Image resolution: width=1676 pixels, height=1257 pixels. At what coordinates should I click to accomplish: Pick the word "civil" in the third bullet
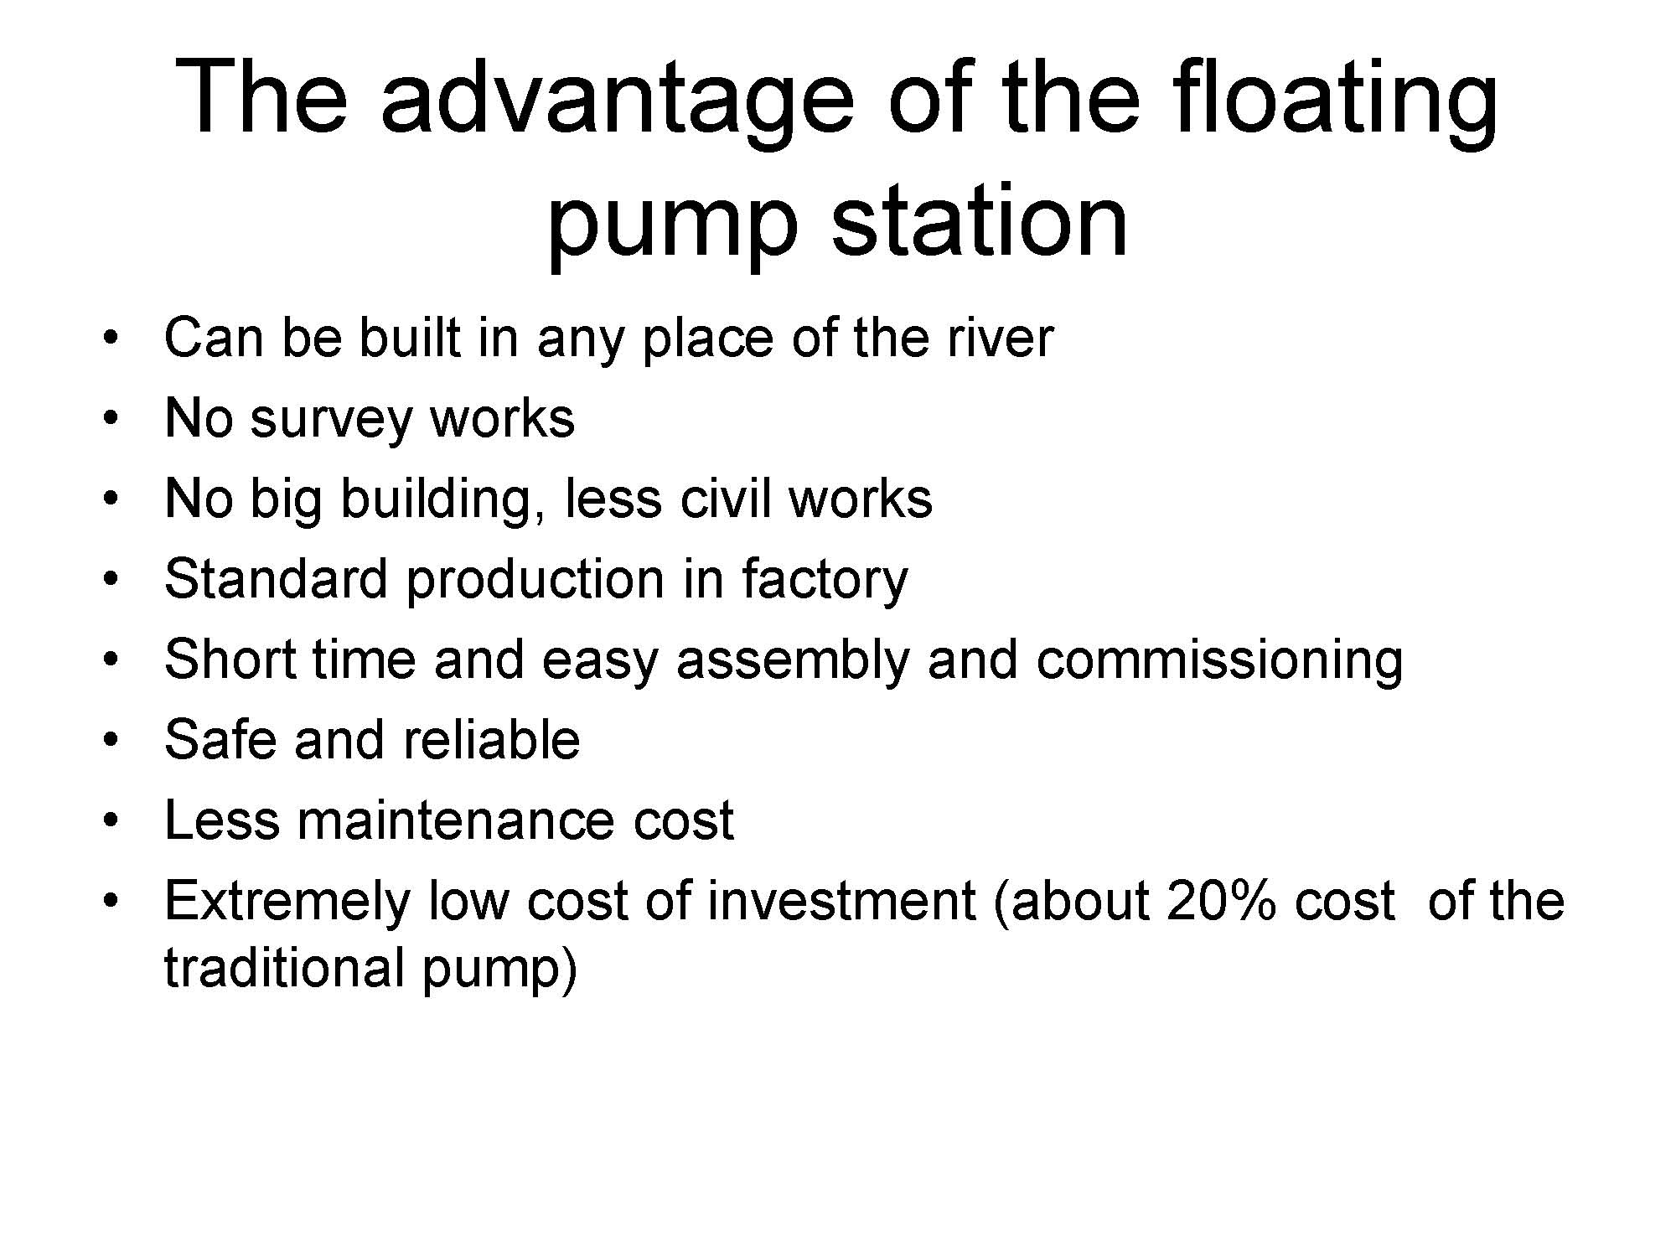pyautogui.click(x=726, y=498)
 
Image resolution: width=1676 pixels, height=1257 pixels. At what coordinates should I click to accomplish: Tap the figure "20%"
pyautogui.click(x=1221, y=900)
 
